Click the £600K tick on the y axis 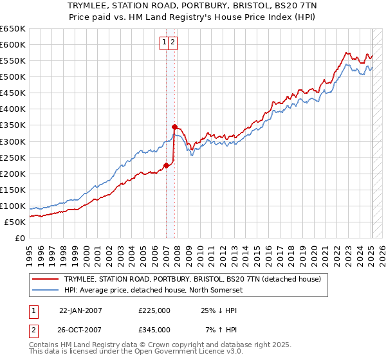[13, 44]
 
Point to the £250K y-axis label [13, 157]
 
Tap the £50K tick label [15, 222]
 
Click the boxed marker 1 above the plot [165, 43]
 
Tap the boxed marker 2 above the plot [174, 43]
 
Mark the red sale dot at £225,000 [166, 165]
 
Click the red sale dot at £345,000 [174, 127]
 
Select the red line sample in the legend [45, 279]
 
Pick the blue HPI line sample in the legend [45, 289]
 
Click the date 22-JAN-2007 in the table [80, 310]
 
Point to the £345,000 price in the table [154, 330]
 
